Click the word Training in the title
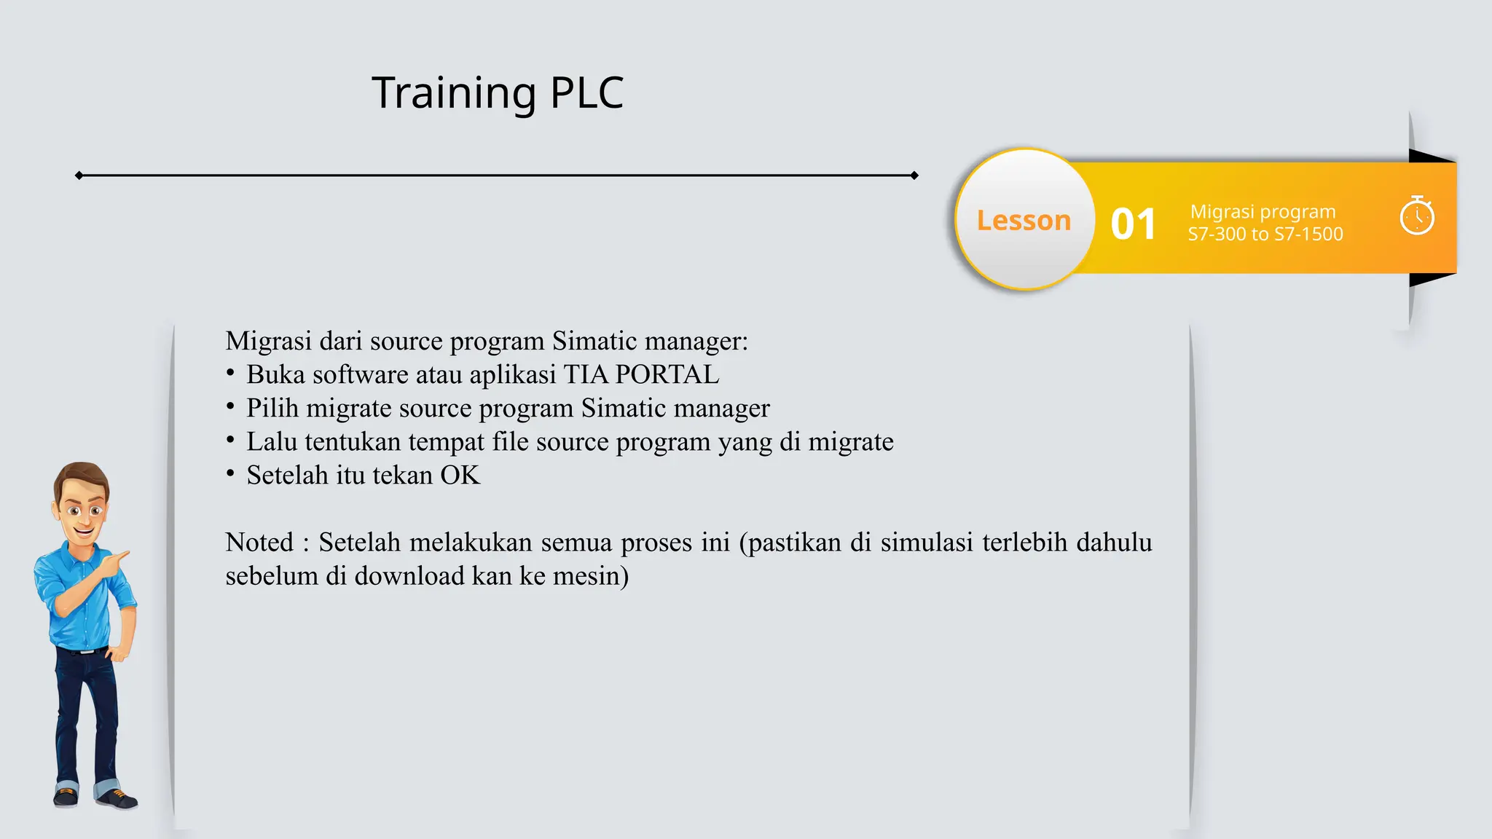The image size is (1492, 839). click(x=453, y=93)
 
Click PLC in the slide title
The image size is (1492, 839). click(x=586, y=93)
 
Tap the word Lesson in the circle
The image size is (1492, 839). click(x=1024, y=220)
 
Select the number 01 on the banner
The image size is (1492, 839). click(x=1133, y=224)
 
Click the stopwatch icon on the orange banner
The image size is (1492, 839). click(x=1417, y=216)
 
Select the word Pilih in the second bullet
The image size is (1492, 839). click(x=272, y=409)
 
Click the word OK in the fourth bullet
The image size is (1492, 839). click(x=460, y=476)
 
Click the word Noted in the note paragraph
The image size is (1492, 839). click(x=259, y=543)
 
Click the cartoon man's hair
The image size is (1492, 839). click(x=80, y=476)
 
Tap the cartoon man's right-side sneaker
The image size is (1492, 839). click(x=118, y=799)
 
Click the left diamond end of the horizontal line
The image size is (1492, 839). click(x=79, y=176)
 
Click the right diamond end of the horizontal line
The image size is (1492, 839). click(x=914, y=176)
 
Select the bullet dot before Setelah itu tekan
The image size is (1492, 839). click(x=230, y=474)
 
